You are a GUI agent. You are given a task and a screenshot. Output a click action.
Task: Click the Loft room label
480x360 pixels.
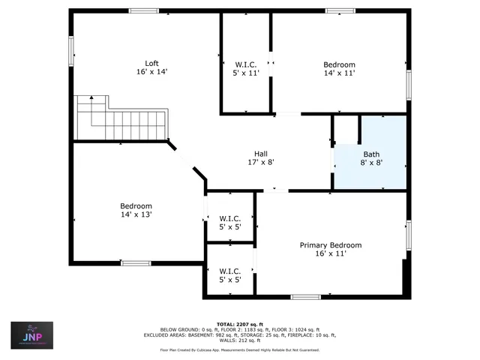[x=151, y=63]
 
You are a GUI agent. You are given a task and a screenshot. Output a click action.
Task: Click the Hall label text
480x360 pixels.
[x=260, y=153]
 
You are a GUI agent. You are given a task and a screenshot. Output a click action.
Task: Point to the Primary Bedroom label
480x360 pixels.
[x=331, y=245]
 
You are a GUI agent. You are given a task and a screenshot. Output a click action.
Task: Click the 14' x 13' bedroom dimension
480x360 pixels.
[x=136, y=214]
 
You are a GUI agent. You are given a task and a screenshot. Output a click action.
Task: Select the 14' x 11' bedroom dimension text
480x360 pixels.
[x=339, y=73]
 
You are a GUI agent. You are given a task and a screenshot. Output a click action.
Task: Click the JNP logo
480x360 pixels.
[x=31, y=335]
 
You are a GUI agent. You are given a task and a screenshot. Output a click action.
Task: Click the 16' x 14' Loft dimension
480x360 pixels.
[x=151, y=72]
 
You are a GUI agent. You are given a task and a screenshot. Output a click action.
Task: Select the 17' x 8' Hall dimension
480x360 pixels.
[x=260, y=162]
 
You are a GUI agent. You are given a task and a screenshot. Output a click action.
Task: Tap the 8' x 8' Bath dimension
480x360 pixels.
[x=371, y=163]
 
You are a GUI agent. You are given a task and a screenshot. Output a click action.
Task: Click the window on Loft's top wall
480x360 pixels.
[x=143, y=10]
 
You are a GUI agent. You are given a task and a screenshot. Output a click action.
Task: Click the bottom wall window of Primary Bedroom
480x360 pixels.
[x=305, y=297]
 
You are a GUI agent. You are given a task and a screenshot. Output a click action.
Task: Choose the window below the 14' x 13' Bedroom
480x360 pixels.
[x=136, y=262]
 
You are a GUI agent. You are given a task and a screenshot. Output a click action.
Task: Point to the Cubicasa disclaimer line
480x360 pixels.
[x=240, y=349]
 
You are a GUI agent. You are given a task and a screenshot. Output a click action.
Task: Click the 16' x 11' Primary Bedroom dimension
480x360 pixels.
[x=331, y=254]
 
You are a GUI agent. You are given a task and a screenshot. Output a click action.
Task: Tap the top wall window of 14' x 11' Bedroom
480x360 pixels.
[x=340, y=10]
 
